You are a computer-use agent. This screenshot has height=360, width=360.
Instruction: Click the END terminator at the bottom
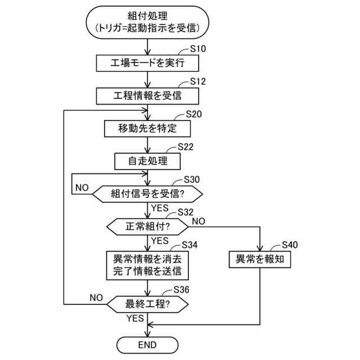(147, 344)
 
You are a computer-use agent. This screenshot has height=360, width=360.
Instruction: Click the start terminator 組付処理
(147, 20)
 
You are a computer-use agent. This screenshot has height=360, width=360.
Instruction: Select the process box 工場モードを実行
(147, 62)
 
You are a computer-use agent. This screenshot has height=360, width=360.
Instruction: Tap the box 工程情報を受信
(147, 95)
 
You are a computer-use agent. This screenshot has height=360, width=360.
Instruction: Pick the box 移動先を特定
(147, 128)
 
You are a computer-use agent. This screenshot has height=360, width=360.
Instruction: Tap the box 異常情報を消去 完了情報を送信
(147, 265)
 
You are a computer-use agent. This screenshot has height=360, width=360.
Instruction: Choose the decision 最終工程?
(147, 304)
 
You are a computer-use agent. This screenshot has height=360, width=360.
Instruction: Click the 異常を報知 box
(260, 259)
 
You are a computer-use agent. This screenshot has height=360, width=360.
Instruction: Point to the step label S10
(198, 49)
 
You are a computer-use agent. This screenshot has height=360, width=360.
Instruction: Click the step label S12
(198, 82)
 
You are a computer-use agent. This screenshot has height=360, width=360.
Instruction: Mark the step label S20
(193, 114)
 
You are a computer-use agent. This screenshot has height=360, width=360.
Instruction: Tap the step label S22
(185, 147)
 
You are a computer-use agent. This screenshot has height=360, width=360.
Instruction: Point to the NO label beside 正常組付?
(198, 220)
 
